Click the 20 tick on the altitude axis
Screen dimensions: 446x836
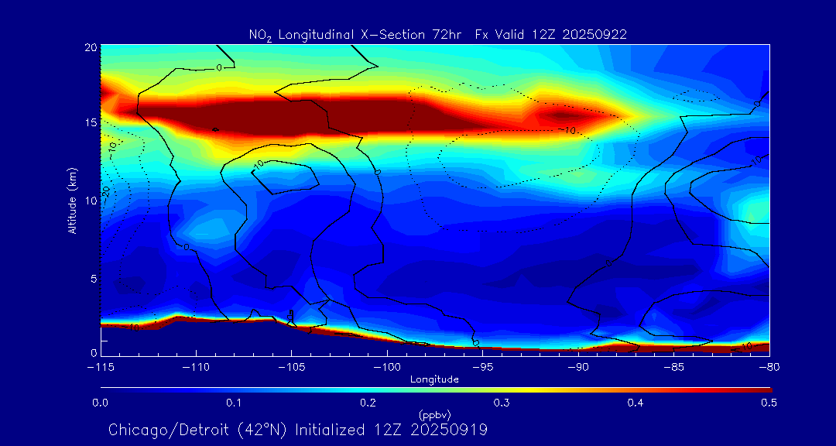90,47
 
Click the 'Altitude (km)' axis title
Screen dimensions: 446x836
72,201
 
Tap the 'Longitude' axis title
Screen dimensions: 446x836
434,379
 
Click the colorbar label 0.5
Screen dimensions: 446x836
768,403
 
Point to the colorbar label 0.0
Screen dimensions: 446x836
101,403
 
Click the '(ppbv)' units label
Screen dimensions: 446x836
434,413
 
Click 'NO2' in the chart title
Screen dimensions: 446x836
259,35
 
